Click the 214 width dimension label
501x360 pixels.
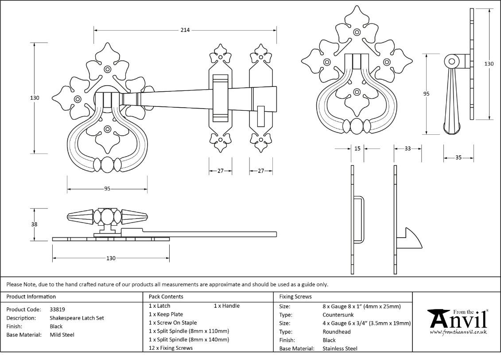tap(185, 30)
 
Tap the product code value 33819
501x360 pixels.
tap(58, 309)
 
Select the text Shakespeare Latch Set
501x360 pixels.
tap(77, 318)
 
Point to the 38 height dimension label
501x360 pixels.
tap(34, 224)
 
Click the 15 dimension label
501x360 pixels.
tap(357, 149)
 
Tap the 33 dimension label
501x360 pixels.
tap(408, 149)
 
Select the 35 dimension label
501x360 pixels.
tap(458, 158)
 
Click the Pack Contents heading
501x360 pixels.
tap(166, 297)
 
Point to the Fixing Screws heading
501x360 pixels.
tap(295, 297)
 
